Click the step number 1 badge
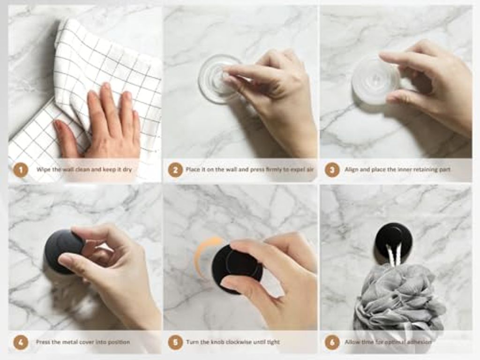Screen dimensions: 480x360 (21, 170)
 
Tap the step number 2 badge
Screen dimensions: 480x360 (175, 170)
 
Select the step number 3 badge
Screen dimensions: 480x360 (332, 170)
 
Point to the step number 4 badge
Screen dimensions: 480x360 (21, 342)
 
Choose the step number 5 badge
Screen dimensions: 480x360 (175, 342)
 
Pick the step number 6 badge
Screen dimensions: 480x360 (332, 342)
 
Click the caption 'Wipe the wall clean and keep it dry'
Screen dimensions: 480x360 (84, 169)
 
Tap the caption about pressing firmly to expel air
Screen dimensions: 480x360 (250, 169)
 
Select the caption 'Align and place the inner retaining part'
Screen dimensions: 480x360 (397, 169)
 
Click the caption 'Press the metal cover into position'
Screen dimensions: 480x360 (83, 342)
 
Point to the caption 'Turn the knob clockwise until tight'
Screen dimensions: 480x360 (232, 342)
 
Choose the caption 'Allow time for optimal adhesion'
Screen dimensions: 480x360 (388, 342)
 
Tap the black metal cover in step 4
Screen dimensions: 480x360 (63, 252)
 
